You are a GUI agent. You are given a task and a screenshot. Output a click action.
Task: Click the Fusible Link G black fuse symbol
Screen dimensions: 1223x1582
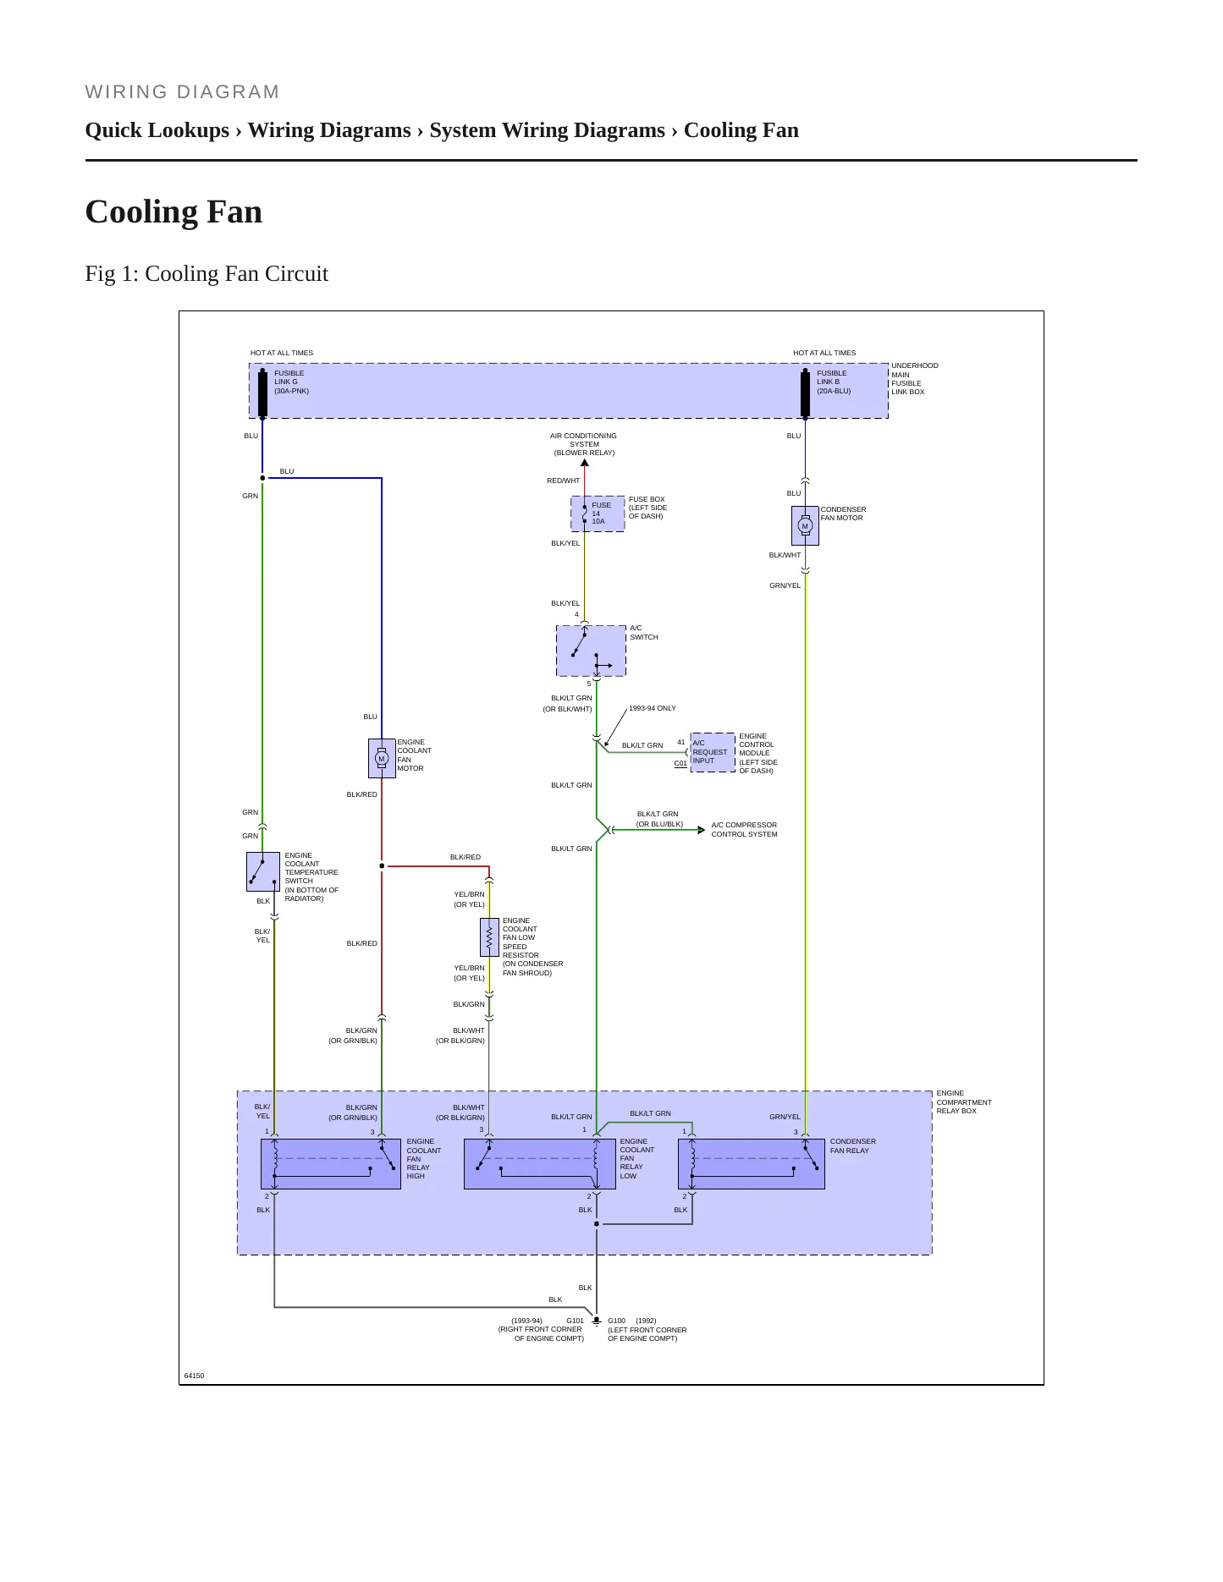click(x=262, y=393)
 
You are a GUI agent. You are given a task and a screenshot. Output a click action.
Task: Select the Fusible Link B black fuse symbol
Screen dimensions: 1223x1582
click(x=805, y=393)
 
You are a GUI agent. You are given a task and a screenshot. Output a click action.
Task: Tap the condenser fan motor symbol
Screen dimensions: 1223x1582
click(x=805, y=525)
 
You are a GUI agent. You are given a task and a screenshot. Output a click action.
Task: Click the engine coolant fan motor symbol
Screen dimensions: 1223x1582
click(x=382, y=758)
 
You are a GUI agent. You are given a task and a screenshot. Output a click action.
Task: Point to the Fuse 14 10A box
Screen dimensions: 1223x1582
click(x=598, y=514)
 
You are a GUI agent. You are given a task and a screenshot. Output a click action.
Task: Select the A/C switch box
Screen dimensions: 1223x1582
click(x=591, y=651)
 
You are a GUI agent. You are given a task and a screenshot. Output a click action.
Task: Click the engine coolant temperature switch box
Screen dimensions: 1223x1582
click(x=262, y=871)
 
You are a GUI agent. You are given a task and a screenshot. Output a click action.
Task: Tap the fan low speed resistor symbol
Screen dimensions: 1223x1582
click(x=489, y=937)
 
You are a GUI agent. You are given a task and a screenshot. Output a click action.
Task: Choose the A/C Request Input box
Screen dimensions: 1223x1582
click(x=713, y=752)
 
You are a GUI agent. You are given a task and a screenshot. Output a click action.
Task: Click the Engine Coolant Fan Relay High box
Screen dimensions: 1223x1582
click(x=330, y=1164)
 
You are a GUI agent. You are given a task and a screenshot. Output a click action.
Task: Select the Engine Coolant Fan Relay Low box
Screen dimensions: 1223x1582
click(x=539, y=1164)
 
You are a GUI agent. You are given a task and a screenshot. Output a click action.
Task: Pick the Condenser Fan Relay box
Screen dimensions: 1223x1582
click(x=752, y=1164)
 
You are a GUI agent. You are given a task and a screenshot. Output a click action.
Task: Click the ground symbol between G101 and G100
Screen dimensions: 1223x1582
click(x=597, y=1321)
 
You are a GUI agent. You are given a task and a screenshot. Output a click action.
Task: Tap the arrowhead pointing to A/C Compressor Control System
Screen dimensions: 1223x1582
click(x=701, y=830)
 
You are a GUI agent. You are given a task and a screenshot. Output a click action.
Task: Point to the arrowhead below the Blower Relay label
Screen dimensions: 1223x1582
click(x=584, y=463)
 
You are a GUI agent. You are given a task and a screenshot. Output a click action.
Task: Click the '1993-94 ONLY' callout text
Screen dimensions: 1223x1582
click(x=653, y=708)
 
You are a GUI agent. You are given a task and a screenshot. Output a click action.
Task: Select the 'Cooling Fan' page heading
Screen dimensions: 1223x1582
click(x=174, y=211)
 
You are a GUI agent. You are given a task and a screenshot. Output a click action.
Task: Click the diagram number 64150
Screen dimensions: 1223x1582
click(x=194, y=1376)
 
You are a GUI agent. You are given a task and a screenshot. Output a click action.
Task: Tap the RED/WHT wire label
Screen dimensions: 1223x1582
click(x=564, y=481)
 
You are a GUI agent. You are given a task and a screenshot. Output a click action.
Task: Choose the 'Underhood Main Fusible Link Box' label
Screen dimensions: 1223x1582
click(x=914, y=379)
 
